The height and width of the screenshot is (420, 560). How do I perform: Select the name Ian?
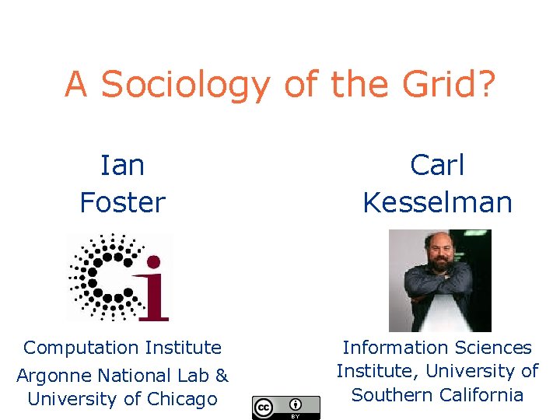click(123, 165)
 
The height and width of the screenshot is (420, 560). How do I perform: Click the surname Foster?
click(123, 203)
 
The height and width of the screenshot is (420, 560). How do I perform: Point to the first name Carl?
click(437, 165)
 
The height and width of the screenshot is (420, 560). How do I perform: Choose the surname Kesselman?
click(437, 203)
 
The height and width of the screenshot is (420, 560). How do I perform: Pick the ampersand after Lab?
click(221, 376)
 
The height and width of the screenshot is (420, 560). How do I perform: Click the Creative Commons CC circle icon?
click(264, 407)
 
